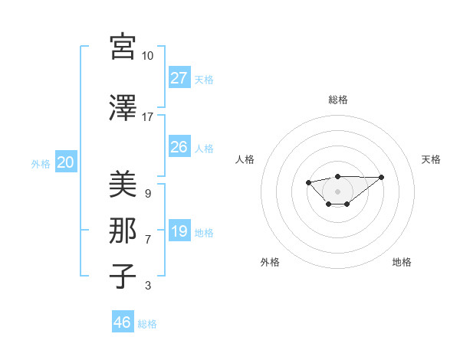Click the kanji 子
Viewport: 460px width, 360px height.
[123, 277]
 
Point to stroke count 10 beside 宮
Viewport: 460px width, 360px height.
[147, 56]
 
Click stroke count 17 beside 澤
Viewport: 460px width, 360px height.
[147, 117]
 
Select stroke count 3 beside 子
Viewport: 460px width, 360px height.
[147, 286]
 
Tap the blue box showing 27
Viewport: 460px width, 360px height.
[179, 77]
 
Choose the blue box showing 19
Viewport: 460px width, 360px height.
[179, 231]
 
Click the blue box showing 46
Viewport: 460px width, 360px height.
[122, 322]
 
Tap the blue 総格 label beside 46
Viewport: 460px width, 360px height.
[147, 324]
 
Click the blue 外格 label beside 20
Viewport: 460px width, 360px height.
[41, 163]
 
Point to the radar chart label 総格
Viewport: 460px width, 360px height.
[337, 100]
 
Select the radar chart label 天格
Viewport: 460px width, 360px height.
[431, 159]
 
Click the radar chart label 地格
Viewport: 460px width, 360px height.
[402, 262]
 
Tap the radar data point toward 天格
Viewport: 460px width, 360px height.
[382, 177]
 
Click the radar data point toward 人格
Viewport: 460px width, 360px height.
[308, 182]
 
